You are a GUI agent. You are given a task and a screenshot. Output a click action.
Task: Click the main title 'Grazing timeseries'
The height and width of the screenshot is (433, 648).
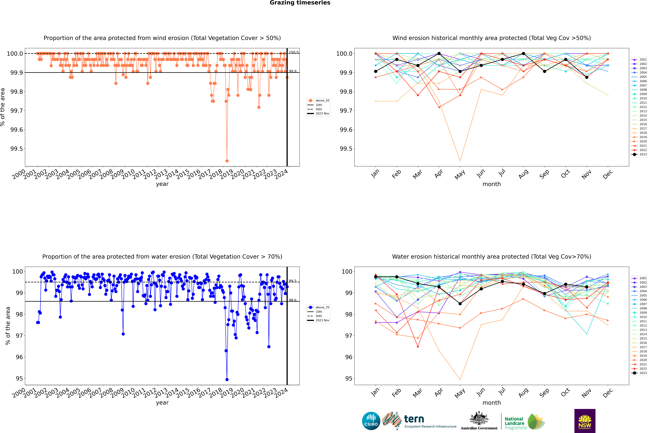click(x=300, y=3)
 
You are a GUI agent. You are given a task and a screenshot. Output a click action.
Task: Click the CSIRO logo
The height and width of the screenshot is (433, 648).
click(x=371, y=421)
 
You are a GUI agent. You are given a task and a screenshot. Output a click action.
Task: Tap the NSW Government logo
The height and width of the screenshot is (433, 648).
click(x=585, y=421)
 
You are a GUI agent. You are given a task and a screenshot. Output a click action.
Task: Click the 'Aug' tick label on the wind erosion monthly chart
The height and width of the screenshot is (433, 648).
click(x=523, y=174)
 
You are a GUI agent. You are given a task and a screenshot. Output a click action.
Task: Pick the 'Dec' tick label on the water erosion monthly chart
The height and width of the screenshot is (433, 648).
click(x=608, y=393)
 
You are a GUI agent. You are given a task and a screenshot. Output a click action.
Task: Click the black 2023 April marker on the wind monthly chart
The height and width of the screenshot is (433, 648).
click(x=439, y=54)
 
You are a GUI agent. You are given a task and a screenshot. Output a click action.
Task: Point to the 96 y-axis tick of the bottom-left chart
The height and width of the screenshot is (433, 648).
click(x=19, y=357)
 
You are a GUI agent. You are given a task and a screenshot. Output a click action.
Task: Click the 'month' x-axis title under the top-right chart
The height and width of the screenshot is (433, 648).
click(x=492, y=184)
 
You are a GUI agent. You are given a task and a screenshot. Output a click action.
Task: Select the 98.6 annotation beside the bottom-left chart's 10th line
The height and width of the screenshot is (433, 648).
click(x=293, y=300)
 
